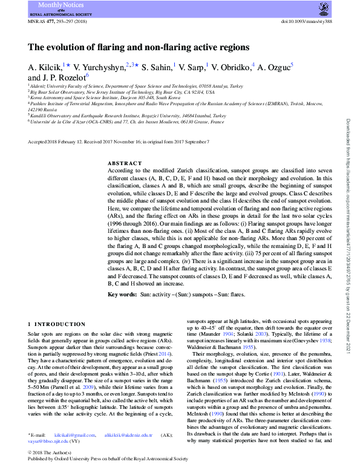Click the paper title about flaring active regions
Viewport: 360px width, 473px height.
click(139, 47)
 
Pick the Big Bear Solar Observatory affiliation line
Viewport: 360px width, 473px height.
click(122, 93)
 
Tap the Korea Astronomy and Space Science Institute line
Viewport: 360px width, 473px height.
click(105, 98)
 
